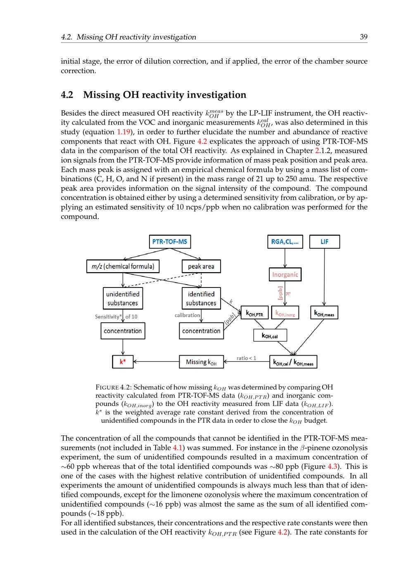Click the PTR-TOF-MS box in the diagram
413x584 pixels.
(170, 242)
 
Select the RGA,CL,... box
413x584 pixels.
(285, 242)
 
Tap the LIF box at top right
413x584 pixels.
(325, 242)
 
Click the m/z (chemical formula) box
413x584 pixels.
(123, 266)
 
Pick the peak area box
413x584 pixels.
(201, 266)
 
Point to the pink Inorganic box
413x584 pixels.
(285, 275)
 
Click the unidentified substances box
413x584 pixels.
(123, 298)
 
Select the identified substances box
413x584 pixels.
(201, 298)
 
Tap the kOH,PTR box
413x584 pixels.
(254, 313)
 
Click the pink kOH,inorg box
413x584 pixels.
(285, 313)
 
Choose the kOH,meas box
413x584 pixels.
(324, 313)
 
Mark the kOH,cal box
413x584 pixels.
(270, 335)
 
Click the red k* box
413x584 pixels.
(123, 362)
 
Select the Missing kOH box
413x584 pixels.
(201, 362)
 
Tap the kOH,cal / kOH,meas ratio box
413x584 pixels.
(293, 362)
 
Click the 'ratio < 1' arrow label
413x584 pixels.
(246, 358)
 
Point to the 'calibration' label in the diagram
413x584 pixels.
(187, 315)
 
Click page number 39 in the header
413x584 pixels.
(363, 37)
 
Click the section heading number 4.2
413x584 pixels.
(67, 95)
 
